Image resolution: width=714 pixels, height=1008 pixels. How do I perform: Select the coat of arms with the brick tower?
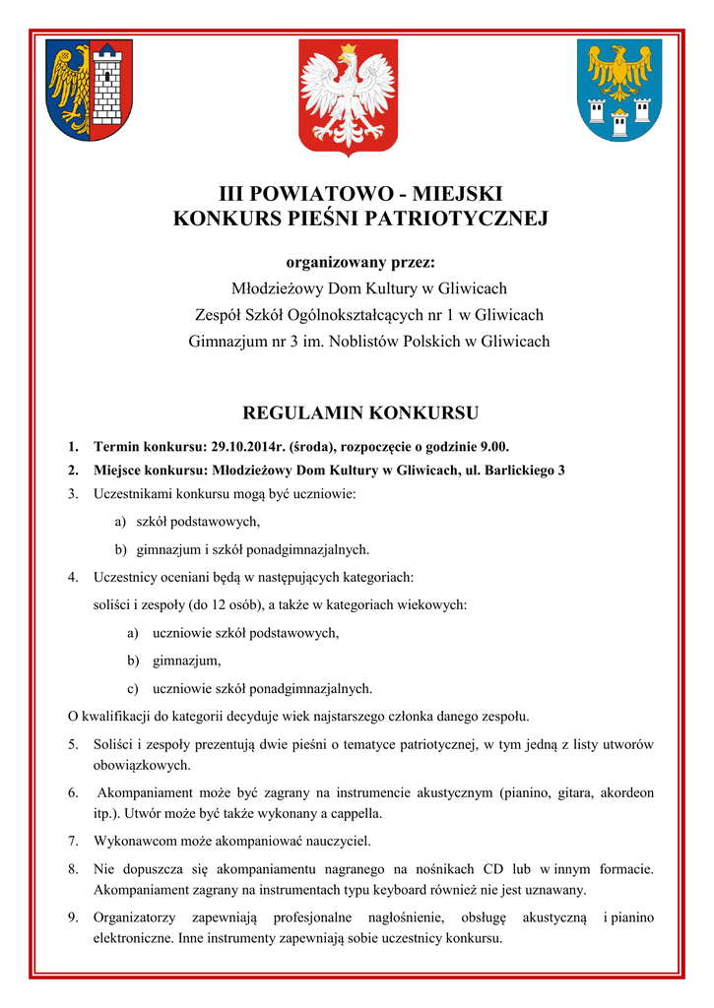tap(90, 90)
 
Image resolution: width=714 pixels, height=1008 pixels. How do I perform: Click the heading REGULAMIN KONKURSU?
tap(360, 411)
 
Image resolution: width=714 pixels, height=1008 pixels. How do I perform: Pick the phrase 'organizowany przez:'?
tap(359, 263)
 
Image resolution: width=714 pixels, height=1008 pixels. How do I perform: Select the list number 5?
tap(73, 744)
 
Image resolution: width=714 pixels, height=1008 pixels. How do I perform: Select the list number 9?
tap(73, 917)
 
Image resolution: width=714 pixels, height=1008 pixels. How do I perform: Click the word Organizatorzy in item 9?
tap(134, 917)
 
